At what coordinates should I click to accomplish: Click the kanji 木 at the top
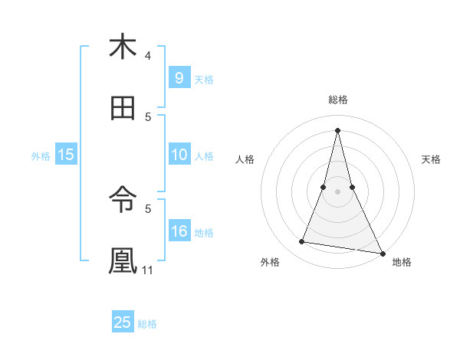click(x=123, y=47)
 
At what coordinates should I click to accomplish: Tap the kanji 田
click(x=123, y=109)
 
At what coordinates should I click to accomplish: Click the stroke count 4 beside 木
click(x=148, y=56)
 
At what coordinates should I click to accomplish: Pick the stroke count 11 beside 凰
click(x=149, y=270)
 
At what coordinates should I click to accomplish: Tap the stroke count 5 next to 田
click(x=148, y=117)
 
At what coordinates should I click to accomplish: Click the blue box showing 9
click(x=179, y=78)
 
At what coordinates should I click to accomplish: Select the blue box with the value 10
click(x=179, y=155)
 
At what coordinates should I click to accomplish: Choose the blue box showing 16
click(x=179, y=231)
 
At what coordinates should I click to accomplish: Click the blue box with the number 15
click(x=66, y=155)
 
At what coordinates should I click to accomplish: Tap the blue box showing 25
click(x=123, y=322)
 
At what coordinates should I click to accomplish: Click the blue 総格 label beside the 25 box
click(x=147, y=324)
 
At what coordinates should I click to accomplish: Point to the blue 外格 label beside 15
click(x=41, y=156)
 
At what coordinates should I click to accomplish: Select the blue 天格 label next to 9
click(x=204, y=80)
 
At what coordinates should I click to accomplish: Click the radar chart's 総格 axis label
click(x=337, y=100)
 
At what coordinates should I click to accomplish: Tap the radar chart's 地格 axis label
click(x=402, y=263)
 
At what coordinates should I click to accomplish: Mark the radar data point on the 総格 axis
click(x=337, y=129)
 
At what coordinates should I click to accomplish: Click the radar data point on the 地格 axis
click(x=381, y=253)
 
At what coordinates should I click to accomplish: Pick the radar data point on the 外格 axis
click(x=302, y=242)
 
